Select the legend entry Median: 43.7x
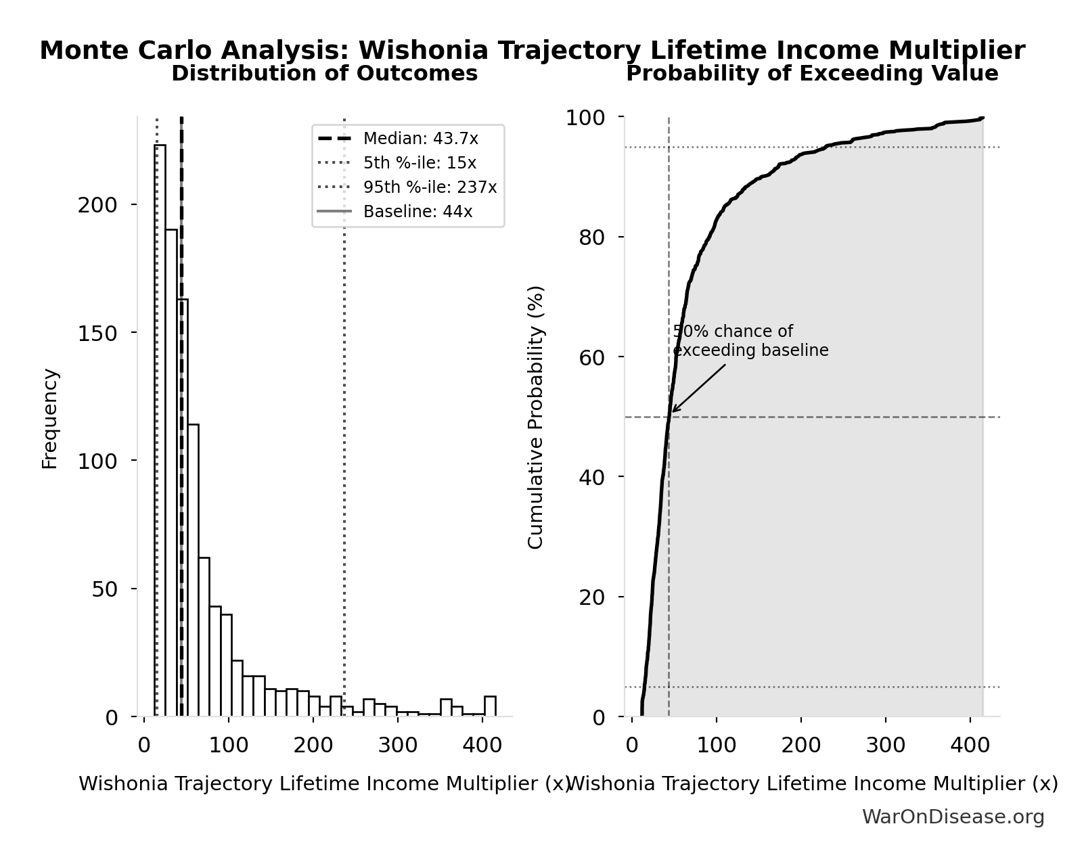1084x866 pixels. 420,139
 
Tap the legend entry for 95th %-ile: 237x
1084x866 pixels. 430,187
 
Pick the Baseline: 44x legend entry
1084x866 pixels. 417,212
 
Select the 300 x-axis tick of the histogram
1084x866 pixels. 397,746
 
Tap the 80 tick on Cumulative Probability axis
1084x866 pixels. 592,237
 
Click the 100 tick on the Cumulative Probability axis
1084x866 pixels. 586,118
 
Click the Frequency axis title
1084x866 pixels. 51,418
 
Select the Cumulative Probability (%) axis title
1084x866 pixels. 536,417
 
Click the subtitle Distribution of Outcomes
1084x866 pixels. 325,74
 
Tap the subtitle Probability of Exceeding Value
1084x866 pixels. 812,74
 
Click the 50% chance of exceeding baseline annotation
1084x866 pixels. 750,341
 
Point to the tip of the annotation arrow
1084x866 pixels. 672,411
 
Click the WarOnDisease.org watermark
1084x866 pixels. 953,817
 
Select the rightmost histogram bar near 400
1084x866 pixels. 490,706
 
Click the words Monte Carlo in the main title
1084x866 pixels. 125,51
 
